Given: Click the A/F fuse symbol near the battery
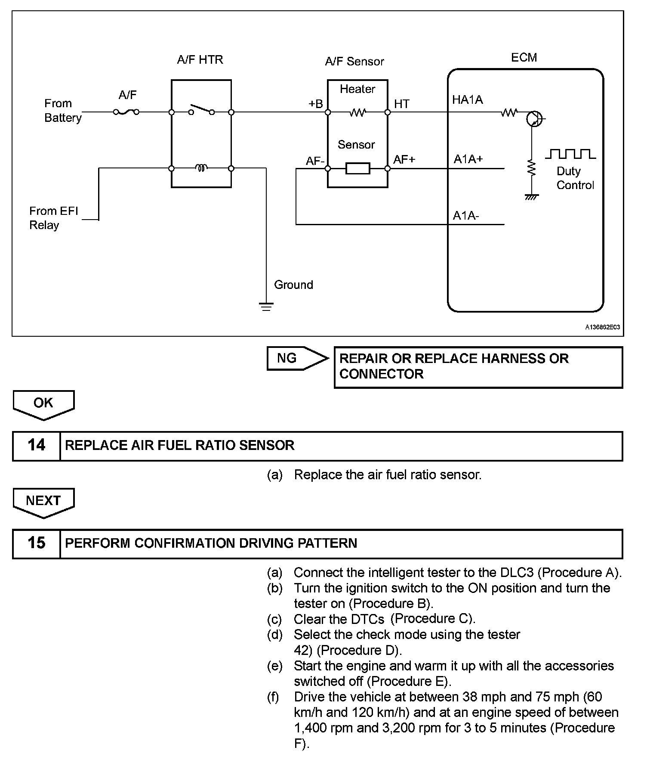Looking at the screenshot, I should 126,112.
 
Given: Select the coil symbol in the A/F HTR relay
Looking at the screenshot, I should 201,167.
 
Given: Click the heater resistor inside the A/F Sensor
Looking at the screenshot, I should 357,112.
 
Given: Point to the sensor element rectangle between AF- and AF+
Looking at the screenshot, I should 357,168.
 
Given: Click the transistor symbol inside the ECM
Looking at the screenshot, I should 534,118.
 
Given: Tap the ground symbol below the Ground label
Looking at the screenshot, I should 266,307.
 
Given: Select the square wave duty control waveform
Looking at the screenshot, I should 570,154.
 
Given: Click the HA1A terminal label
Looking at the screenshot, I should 467,100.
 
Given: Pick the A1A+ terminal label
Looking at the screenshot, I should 468,159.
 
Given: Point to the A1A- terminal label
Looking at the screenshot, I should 465,215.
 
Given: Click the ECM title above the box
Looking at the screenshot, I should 524,58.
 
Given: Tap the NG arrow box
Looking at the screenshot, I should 297,358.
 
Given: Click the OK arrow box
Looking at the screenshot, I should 43,404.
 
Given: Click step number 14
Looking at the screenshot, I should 36,445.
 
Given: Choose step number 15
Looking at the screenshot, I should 36,543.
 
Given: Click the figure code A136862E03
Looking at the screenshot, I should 602,327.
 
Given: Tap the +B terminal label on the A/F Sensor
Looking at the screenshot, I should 315,104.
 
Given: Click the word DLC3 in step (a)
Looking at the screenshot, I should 517,572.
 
